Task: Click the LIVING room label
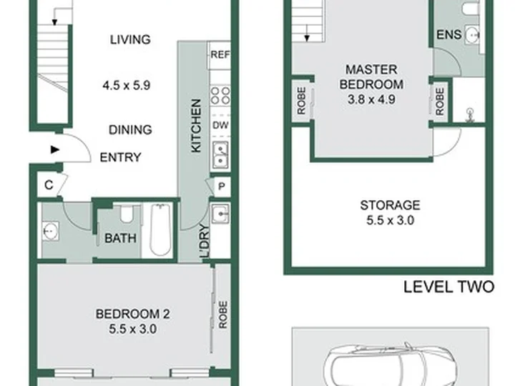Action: tap(130, 40)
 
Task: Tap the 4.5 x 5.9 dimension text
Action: tap(127, 86)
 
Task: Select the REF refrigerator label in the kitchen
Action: tap(220, 54)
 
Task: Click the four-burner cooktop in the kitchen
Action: tap(220, 96)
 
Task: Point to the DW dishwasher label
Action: tap(220, 125)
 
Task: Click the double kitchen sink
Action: tap(220, 154)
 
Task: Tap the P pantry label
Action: tap(222, 187)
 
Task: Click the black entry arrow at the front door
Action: tap(55, 149)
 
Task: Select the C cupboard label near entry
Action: tap(49, 185)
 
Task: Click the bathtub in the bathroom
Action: tap(160, 229)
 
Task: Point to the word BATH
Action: tap(120, 238)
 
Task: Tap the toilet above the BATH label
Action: tap(126, 214)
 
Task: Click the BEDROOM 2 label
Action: tap(133, 314)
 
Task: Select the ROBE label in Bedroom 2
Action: tap(223, 315)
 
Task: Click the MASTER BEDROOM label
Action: tap(371, 77)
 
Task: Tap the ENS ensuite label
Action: tap(449, 34)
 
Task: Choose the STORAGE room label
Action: tap(391, 205)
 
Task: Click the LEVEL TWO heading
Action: tap(448, 287)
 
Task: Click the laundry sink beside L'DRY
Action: tap(220, 214)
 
